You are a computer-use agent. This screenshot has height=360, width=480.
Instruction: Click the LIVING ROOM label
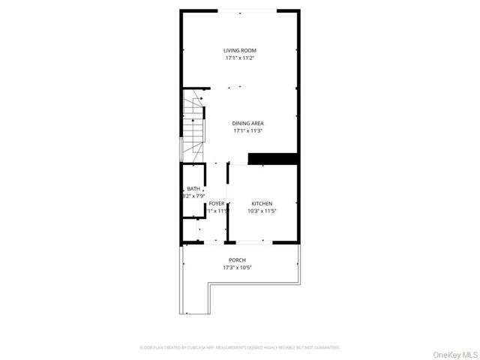click(240, 50)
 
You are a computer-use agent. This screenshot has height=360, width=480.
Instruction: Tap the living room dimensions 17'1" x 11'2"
click(240, 58)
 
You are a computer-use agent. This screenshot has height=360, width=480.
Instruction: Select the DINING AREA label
click(247, 123)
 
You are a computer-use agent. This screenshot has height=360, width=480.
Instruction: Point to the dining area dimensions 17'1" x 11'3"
click(247, 130)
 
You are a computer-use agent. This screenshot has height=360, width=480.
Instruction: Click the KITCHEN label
click(262, 203)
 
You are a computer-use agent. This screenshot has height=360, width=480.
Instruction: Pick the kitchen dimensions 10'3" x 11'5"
click(262, 211)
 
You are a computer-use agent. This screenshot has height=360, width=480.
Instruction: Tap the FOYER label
click(217, 203)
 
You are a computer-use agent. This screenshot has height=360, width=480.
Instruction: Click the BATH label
click(193, 188)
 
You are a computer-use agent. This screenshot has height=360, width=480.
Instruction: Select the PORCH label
click(237, 260)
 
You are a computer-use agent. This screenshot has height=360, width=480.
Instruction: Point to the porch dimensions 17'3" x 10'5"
click(237, 268)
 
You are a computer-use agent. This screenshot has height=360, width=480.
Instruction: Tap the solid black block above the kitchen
click(273, 158)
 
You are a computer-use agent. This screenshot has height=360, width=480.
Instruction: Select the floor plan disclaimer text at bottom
click(239, 348)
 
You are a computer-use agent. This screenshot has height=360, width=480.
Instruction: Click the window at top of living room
click(247, 10)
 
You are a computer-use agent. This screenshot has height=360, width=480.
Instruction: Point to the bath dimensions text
click(193, 196)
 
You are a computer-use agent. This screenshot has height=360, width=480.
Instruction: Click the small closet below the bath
click(190, 229)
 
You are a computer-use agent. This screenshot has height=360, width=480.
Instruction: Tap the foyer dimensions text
click(217, 211)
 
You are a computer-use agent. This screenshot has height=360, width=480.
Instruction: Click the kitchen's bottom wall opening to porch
click(250, 241)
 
